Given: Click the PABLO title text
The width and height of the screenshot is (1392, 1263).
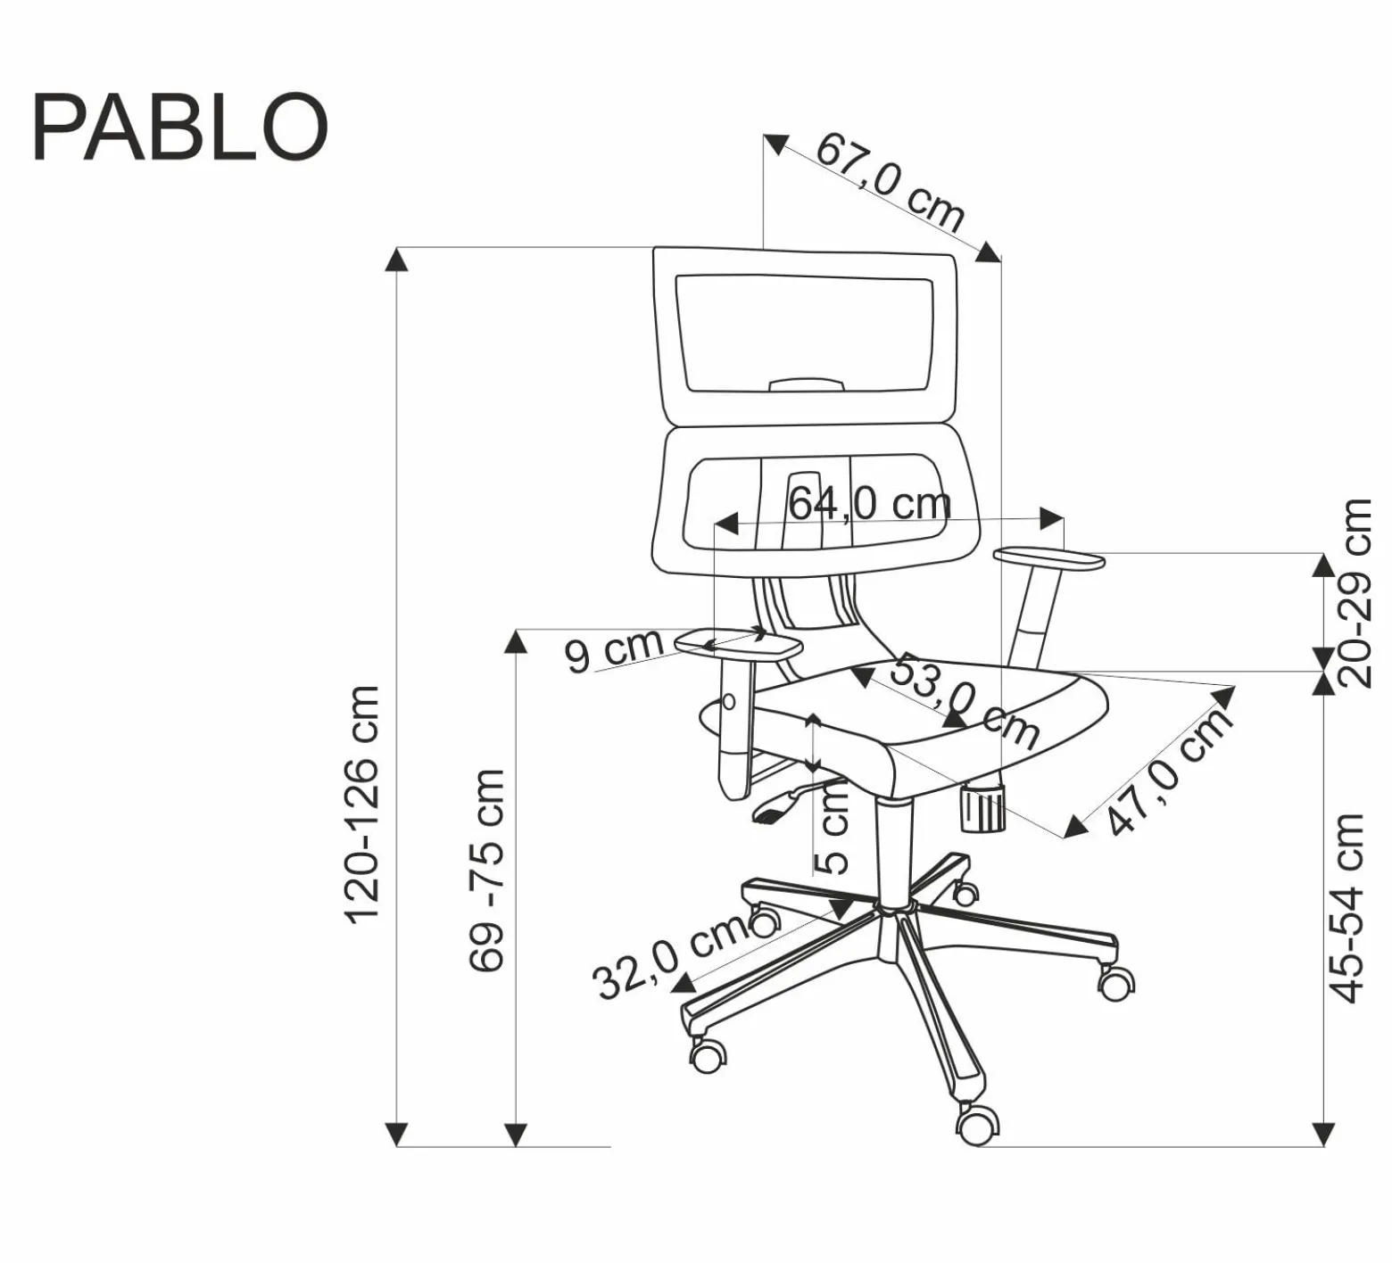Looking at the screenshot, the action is (x=180, y=127).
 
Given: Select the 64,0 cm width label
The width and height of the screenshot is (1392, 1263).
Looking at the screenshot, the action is (x=869, y=504).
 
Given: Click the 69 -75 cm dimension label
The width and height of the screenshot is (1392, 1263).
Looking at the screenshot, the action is (x=487, y=870).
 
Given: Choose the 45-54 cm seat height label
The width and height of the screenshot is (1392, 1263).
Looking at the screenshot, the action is (x=1347, y=908).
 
